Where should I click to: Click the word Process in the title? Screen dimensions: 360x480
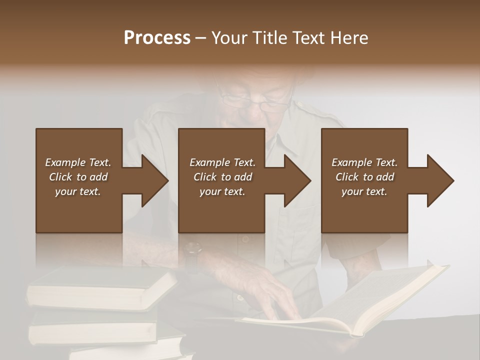click(157, 38)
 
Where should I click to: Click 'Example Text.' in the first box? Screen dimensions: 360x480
click(78, 162)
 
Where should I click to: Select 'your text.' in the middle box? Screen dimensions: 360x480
click(222, 191)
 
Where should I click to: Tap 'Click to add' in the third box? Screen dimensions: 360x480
click(364, 177)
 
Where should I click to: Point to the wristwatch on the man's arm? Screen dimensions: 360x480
click(192, 253)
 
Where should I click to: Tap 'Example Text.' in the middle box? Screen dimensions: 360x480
click(222, 162)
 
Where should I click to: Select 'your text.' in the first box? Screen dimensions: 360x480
click(78, 191)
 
